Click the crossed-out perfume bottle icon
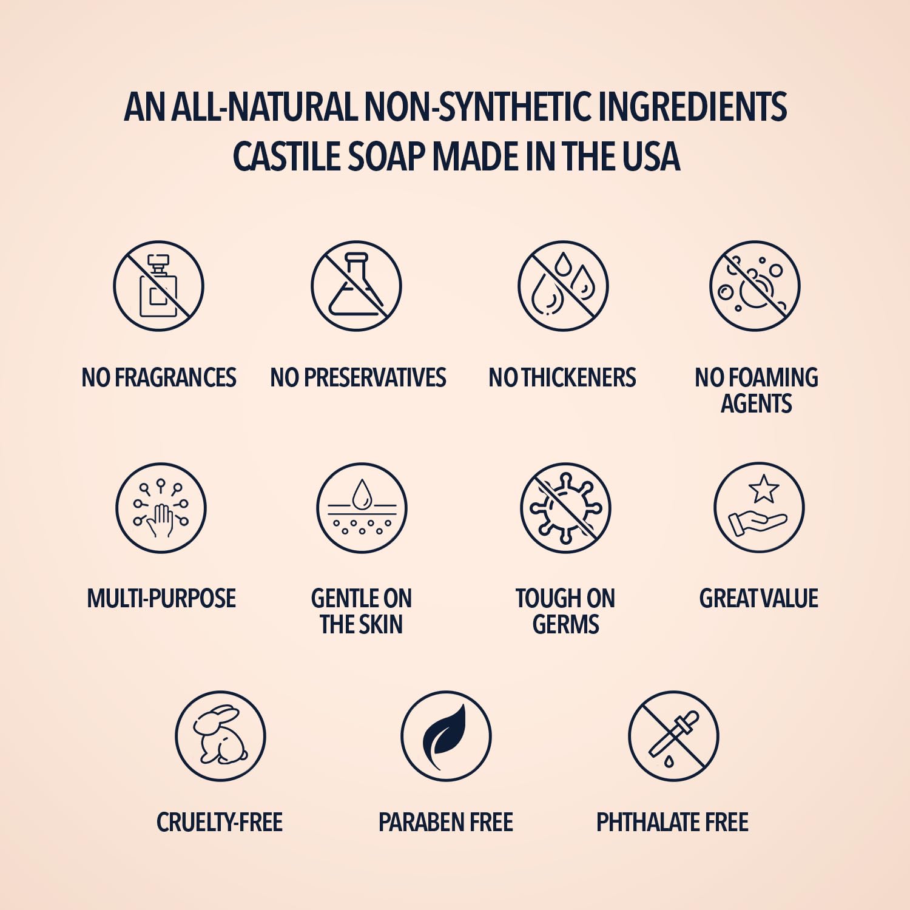(x=158, y=286)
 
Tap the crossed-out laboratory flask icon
(x=356, y=286)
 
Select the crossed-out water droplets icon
(x=562, y=286)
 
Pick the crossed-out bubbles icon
(x=755, y=286)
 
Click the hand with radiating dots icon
(x=161, y=508)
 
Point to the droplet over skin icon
(x=362, y=508)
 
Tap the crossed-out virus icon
(x=565, y=508)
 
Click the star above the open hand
(x=763, y=489)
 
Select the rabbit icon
(x=220, y=736)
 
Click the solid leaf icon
(x=446, y=736)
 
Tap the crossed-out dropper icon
(x=673, y=736)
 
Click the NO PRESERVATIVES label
(x=358, y=378)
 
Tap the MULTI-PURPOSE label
(x=161, y=599)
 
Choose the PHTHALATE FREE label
(x=672, y=823)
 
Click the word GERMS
(x=565, y=625)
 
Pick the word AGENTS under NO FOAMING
(x=756, y=404)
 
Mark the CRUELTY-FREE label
(x=220, y=823)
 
